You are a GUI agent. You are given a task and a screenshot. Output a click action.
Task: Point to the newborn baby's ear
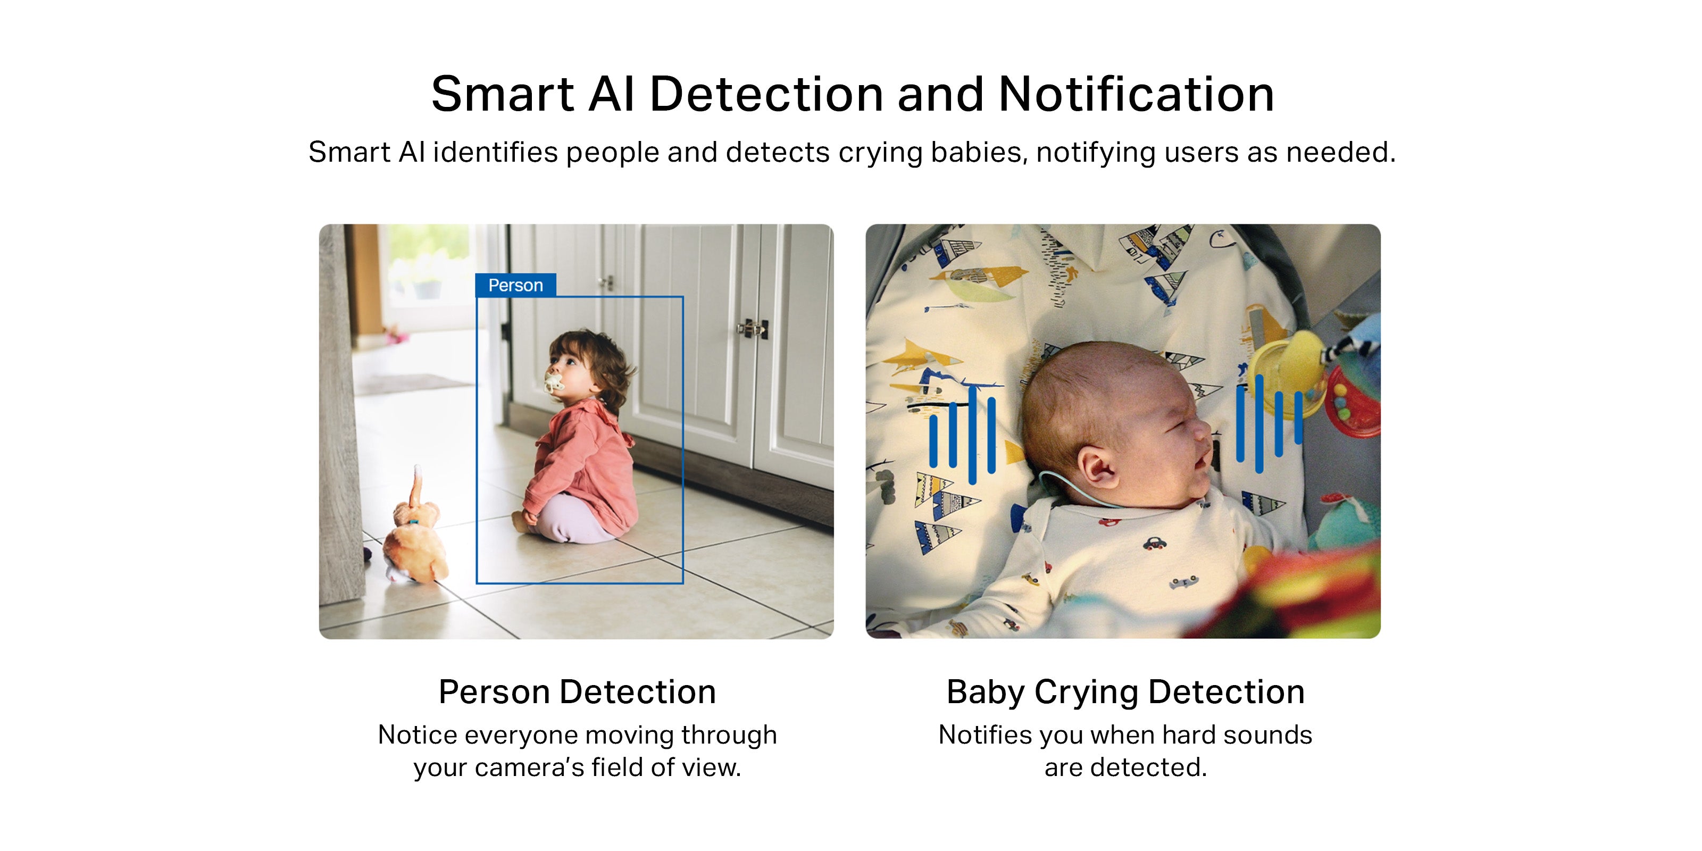(1101, 466)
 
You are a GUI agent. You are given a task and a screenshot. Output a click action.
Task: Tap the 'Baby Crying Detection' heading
(1125, 693)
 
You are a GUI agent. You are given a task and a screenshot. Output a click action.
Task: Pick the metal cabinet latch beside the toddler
(753, 328)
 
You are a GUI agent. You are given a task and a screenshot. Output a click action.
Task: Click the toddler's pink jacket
(581, 463)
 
